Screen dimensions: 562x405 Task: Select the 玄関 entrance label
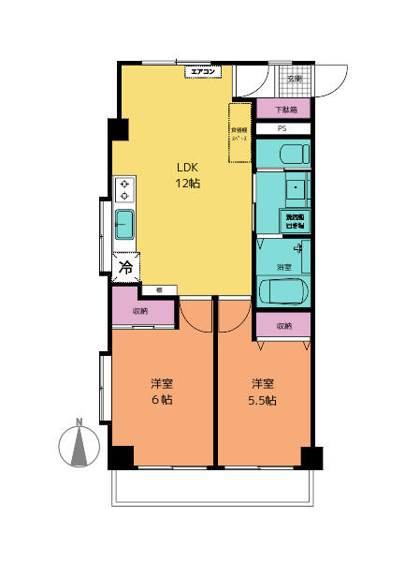294,79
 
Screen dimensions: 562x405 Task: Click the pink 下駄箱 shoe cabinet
282,110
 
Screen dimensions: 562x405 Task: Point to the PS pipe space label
282,128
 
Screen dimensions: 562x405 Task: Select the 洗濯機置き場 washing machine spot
296,221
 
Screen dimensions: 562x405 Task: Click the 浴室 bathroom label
282,267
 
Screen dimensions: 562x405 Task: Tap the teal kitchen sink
124,226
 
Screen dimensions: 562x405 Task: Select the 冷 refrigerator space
125,268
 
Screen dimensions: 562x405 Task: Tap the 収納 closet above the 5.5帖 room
283,326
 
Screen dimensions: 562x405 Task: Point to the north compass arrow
80,443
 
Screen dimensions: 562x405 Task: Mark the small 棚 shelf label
160,289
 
